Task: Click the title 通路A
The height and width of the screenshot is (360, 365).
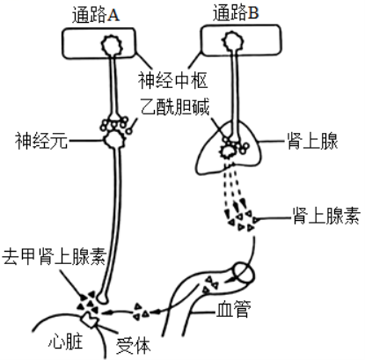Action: (96, 15)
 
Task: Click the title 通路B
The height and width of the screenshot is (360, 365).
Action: (236, 13)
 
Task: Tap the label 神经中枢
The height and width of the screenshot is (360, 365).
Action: (173, 80)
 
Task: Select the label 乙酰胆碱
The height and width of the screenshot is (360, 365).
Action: (175, 107)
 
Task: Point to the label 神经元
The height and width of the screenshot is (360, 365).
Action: (41, 141)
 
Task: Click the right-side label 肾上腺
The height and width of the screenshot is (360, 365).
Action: (312, 141)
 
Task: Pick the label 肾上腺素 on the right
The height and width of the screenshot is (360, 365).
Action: (326, 217)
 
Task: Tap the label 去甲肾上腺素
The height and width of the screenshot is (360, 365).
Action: (55, 256)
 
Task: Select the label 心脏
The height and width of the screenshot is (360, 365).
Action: (66, 342)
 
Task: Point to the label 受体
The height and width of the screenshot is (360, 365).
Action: (134, 345)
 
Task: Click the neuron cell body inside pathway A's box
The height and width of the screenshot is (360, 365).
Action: (112, 45)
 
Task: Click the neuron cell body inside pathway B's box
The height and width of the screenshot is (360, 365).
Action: (233, 41)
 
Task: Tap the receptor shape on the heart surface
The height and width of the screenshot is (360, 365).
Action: (90, 320)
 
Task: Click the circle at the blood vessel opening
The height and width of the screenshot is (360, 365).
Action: (244, 273)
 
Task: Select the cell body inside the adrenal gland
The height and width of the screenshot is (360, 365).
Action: (228, 151)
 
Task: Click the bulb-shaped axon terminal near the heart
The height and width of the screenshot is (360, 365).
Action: (103, 298)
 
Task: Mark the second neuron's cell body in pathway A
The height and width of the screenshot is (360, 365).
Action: (114, 140)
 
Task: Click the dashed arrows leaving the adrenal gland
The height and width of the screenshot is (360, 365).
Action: (237, 192)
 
